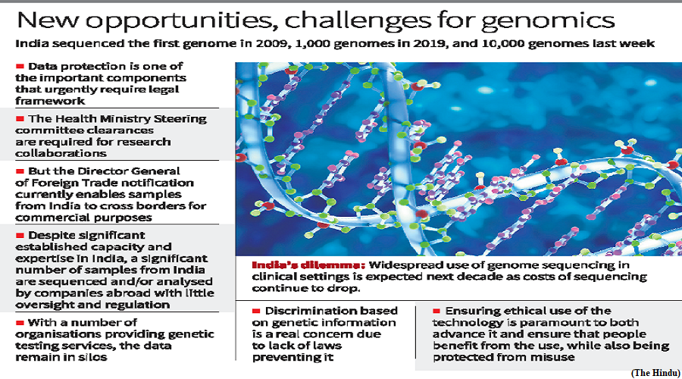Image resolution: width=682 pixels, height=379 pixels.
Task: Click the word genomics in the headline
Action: (x=548, y=21)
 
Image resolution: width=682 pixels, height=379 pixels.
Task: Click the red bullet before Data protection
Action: (x=20, y=67)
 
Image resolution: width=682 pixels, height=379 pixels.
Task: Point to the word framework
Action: (x=50, y=101)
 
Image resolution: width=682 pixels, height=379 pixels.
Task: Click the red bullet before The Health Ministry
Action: (x=20, y=119)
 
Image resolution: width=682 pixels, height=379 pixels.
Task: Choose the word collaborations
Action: (x=61, y=153)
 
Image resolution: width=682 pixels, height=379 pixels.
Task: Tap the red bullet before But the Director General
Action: (x=20, y=171)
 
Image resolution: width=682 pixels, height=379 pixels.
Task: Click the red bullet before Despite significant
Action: (x=20, y=236)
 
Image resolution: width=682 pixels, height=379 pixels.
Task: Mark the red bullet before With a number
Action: (x=20, y=323)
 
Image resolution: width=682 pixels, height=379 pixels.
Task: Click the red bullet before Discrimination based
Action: (x=256, y=311)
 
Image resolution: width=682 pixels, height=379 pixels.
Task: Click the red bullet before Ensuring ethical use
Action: (x=436, y=311)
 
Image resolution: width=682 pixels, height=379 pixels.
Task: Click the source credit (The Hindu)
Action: (x=655, y=373)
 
